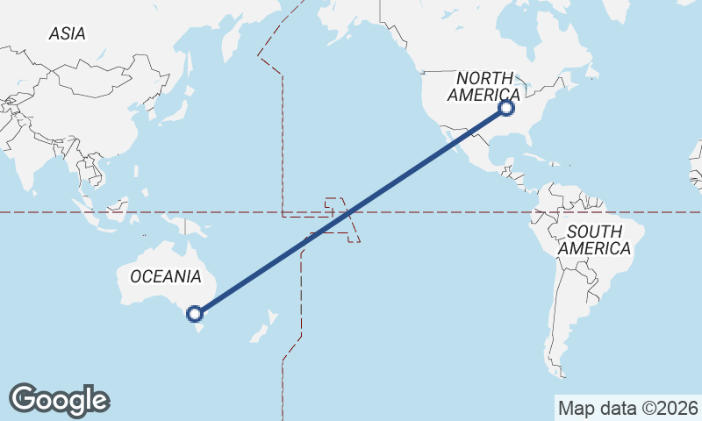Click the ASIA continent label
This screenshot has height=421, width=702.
68,34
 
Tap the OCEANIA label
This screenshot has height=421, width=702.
165,276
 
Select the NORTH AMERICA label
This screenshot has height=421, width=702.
484,86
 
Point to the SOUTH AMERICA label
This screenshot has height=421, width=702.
594,240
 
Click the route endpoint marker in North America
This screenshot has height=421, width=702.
505,108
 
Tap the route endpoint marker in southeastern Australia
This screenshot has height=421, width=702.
195,312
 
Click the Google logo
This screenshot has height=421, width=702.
59,400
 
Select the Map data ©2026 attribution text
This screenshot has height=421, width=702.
627,408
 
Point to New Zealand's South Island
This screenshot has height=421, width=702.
258,334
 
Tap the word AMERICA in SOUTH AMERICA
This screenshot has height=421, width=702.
594,248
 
